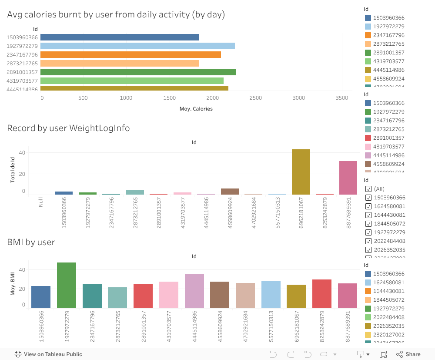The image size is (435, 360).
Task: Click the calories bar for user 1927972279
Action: [x=138, y=46]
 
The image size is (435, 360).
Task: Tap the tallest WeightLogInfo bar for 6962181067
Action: [x=301, y=172]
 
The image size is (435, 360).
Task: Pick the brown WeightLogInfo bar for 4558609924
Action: [x=230, y=191]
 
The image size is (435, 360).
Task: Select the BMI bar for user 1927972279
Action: [x=67, y=285]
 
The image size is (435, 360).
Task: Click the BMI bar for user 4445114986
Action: [x=194, y=291]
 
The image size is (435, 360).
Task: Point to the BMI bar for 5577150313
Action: [x=271, y=294]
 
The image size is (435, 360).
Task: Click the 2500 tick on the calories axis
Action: [x=256, y=98]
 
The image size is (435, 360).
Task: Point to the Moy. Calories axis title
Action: [x=196, y=109]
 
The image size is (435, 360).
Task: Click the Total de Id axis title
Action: [x=13, y=170]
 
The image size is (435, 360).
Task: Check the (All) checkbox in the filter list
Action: [x=368, y=189]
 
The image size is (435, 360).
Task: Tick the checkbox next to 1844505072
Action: [x=368, y=224]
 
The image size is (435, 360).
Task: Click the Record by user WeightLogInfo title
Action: [x=68, y=128]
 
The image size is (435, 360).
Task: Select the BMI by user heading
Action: [x=31, y=242]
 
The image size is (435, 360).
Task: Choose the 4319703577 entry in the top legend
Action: [x=389, y=61]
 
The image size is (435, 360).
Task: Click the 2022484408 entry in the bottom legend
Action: [x=389, y=317]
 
